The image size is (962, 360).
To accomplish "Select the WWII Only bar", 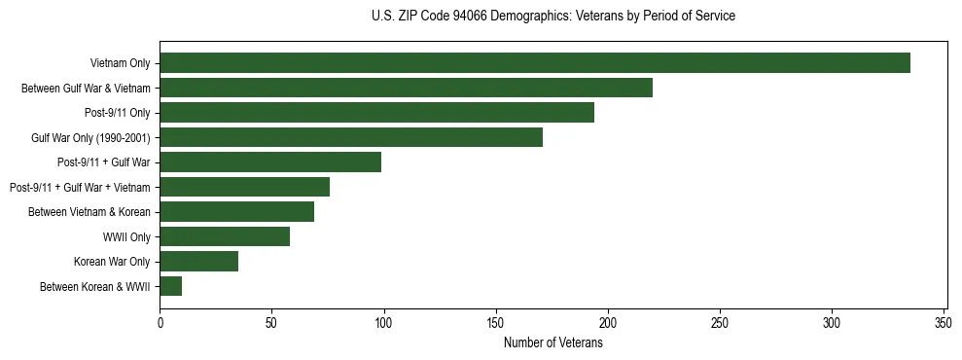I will [x=225, y=236].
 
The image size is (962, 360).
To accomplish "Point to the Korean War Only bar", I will [x=198, y=261].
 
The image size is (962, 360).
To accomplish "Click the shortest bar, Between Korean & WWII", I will [x=171, y=286].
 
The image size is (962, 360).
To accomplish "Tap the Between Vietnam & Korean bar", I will [x=236, y=211].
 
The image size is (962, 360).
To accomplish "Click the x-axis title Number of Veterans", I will [x=552, y=342].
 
